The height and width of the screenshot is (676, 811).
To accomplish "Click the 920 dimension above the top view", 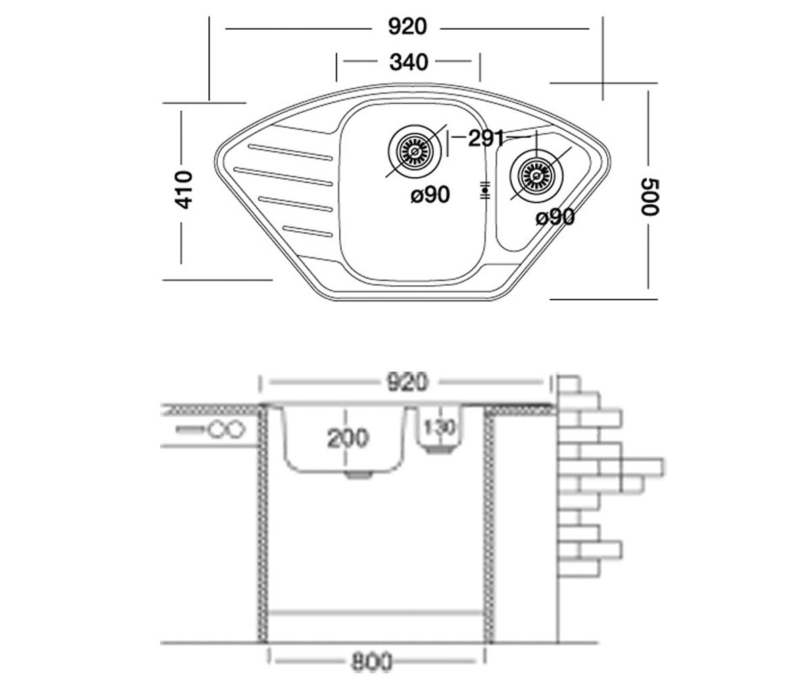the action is [408, 27].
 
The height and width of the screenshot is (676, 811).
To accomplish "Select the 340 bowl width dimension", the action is [409, 62].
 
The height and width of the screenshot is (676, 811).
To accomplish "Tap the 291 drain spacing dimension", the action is [486, 138].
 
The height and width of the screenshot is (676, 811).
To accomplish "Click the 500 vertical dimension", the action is [649, 197].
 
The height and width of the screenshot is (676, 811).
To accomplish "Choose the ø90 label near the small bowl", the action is [555, 217].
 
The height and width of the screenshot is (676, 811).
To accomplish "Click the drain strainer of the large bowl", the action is [415, 151].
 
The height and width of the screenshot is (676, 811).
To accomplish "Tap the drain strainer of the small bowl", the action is [537, 176].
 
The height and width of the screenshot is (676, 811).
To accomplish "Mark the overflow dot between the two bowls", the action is [485, 190].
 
